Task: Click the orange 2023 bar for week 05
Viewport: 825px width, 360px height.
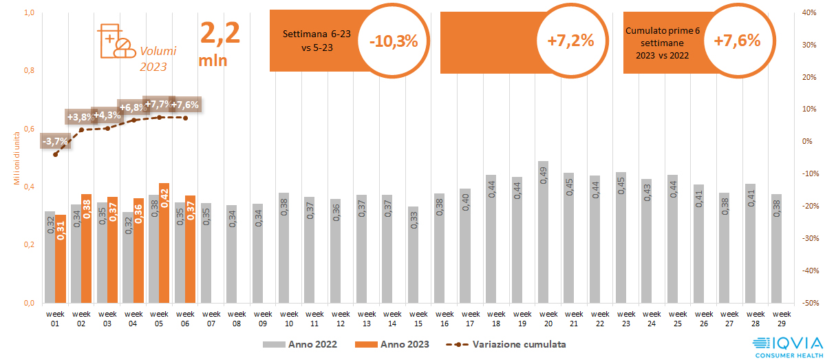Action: (x=164, y=243)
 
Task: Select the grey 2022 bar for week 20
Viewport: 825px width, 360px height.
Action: (x=543, y=232)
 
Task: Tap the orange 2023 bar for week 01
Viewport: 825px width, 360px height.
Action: (x=61, y=259)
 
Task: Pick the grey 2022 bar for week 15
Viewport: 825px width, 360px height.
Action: (x=413, y=255)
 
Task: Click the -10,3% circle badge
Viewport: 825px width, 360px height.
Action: (x=394, y=41)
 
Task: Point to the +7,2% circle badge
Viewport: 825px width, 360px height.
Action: (x=570, y=41)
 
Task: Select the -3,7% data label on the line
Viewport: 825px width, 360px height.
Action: (x=56, y=141)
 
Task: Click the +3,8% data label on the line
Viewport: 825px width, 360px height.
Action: (x=80, y=117)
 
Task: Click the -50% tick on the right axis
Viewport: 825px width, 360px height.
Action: (x=809, y=303)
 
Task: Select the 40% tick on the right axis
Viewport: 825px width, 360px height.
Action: (x=809, y=12)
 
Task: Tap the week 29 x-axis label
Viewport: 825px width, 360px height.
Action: (x=778, y=318)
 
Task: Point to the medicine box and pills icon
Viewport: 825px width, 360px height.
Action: (x=116, y=41)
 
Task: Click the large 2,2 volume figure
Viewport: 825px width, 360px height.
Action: (x=219, y=33)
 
